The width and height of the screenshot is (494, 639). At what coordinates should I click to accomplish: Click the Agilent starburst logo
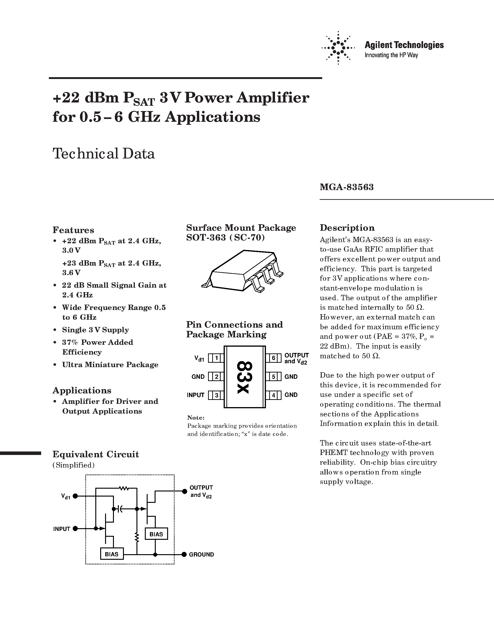[338, 48]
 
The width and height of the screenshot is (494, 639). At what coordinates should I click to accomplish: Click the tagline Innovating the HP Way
[391, 55]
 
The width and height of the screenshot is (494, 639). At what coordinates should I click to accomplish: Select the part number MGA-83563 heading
[347, 187]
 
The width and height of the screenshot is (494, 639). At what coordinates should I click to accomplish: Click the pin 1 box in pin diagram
[216, 358]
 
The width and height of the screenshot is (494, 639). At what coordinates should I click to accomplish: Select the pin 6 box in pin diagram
[273, 358]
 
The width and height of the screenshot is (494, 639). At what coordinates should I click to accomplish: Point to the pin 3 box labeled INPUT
[216, 395]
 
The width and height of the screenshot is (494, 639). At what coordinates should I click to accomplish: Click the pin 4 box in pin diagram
[273, 395]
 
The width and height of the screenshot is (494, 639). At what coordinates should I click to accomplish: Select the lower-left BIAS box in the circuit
[112, 554]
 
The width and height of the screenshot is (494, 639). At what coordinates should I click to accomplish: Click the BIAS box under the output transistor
[156, 534]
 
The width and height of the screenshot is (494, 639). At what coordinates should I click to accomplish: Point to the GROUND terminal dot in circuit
[184, 554]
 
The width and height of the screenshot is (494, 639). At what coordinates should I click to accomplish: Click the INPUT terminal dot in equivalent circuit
[75, 528]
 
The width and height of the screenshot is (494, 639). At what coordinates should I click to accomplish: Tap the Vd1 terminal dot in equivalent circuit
[75, 496]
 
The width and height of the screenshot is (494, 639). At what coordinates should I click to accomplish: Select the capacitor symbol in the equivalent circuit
[120, 509]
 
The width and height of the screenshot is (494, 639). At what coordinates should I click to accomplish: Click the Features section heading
[73, 230]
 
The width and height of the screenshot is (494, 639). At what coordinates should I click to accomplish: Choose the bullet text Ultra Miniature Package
[110, 365]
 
